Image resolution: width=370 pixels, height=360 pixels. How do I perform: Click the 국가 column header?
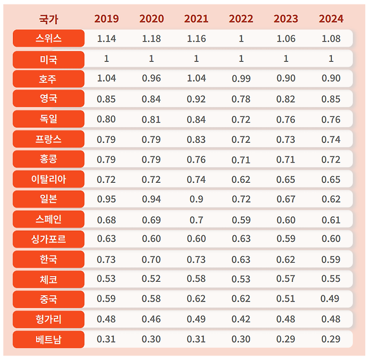(48, 19)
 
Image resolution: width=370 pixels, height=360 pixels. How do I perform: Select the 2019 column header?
(106, 19)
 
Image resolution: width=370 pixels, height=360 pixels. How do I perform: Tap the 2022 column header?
(241, 19)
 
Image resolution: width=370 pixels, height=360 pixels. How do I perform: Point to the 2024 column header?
(331, 19)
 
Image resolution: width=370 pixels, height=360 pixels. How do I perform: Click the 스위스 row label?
(48, 38)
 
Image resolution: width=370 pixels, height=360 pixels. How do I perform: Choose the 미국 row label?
(48, 59)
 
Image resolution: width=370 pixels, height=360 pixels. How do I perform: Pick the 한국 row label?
(48, 259)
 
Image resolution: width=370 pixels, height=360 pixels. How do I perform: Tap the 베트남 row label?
(48, 339)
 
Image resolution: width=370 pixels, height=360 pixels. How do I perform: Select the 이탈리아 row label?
(48, 179)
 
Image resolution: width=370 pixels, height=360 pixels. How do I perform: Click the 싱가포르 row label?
(48, 239)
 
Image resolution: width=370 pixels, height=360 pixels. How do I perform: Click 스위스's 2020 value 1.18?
(151, 38)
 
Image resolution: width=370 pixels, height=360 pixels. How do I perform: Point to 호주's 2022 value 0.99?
(241, 78)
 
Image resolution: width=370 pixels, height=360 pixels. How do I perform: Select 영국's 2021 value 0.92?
(196, 99)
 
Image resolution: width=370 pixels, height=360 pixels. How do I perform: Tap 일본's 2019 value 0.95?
(106, 199)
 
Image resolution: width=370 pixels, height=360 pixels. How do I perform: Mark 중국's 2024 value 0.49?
(330, 299)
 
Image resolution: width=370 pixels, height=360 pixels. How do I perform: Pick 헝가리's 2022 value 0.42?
(241, 319)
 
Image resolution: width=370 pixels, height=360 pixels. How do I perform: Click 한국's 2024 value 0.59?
(331, 260)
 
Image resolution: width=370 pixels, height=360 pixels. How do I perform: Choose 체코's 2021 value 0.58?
(196, 279)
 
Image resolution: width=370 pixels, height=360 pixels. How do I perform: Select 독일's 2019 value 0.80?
(106, 119)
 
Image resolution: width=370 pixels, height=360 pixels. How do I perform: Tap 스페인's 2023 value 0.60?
(286, 220)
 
